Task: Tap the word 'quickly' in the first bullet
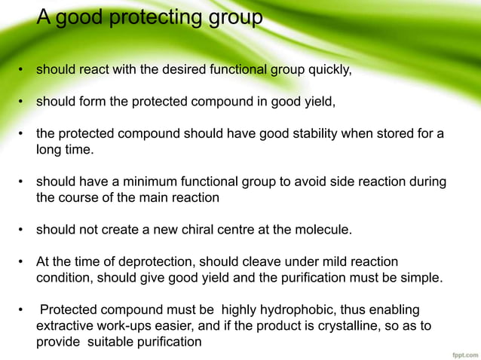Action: pyautogui.click(x=329, y=72)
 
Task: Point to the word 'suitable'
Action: pyautogui.click(x=106, y=342)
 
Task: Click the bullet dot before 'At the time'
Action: pyautogui.click(x=23, y=263)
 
